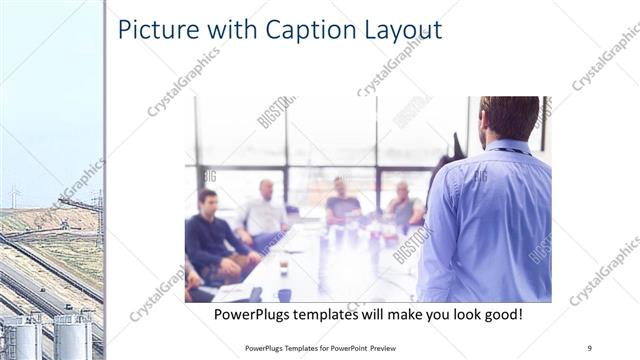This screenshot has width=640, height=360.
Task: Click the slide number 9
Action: pos(589,347)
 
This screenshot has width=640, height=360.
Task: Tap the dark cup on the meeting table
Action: pos(284,267)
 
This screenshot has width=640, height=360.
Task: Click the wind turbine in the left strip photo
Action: pos(13,194)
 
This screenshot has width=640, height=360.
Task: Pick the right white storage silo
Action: pos(73,338)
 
